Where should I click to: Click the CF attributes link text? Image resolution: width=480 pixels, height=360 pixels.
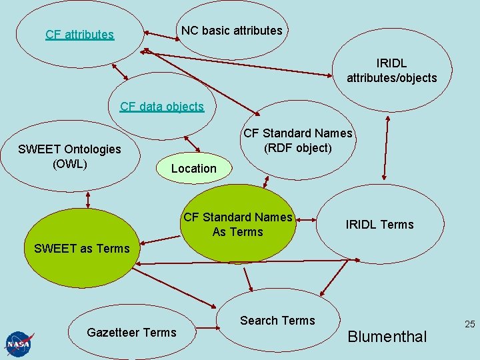click(x=79, y=35)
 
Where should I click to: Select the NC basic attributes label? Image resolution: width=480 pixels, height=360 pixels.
click(x=232, y=31)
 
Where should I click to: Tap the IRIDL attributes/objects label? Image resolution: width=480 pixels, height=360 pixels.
click(x=392, y=71)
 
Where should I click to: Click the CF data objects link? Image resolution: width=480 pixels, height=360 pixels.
click(x=162, y=107)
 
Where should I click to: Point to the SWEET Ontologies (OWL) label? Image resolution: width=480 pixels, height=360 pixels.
click(x=70, y=156)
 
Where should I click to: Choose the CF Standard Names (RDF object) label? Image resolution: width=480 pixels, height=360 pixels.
click(x=297, y=140)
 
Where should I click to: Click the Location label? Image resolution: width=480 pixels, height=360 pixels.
click(x=193, y=169)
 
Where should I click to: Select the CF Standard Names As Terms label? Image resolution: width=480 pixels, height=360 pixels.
click(x=237, y=224)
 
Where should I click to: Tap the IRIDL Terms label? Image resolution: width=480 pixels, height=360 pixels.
click(x=379, y=225)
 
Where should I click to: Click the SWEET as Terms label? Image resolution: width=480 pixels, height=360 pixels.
click(x=81, y=249)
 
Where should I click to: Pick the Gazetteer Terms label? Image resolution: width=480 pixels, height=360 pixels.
click(x=131, y=333)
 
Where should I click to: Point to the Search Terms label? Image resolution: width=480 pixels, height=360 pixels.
click(x=277, y=321)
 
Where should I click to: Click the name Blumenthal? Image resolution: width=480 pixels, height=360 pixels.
click(x=387, y=337)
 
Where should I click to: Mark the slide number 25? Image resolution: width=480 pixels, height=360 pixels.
click(x=469, y=325)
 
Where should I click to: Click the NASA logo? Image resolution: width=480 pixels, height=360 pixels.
click(x=18, y=343)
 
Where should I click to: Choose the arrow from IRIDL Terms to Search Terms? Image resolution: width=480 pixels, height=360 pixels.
click(x=334, y=277)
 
